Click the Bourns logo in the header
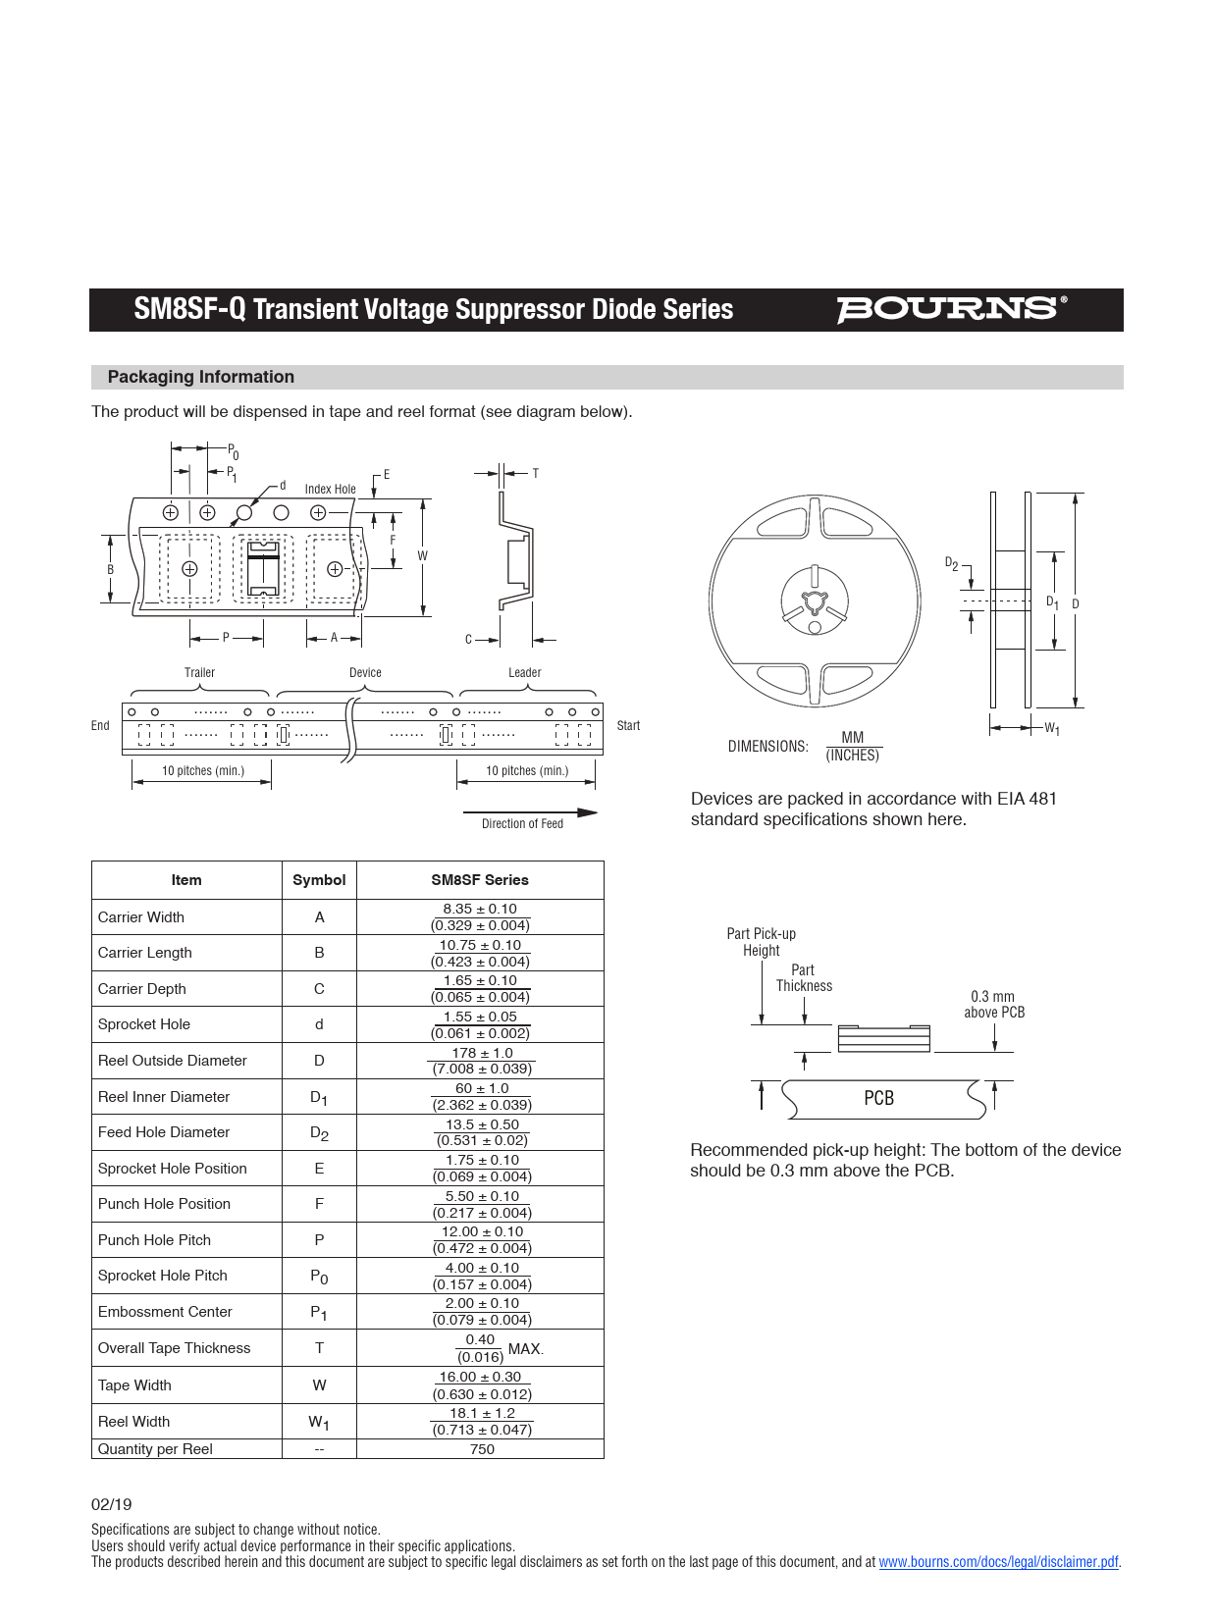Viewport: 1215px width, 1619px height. [950, 309]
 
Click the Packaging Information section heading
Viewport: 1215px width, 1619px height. [200, 377]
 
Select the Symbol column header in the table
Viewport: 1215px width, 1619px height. [319, 880]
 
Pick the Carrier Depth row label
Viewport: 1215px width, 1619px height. [142, 989]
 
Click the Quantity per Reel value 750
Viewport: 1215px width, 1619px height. [482, 1449]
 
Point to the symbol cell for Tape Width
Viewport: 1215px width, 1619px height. [319, 1385]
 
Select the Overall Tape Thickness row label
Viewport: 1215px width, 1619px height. [174, 1348]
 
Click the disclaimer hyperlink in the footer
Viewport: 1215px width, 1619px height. [998, 1562]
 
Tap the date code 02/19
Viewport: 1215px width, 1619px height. [111, 1504]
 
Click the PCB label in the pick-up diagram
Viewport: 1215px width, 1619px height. [878, 1099]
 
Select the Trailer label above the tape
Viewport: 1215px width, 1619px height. [199, 673]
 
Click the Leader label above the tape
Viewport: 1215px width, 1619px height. [524, 673]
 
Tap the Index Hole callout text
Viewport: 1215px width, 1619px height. [330, 489]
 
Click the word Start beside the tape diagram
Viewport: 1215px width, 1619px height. [628, 726]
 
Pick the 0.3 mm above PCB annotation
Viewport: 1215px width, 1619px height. [993, 1005]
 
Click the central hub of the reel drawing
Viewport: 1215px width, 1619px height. [814, 601]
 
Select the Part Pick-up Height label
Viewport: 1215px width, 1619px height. [761, 942]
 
